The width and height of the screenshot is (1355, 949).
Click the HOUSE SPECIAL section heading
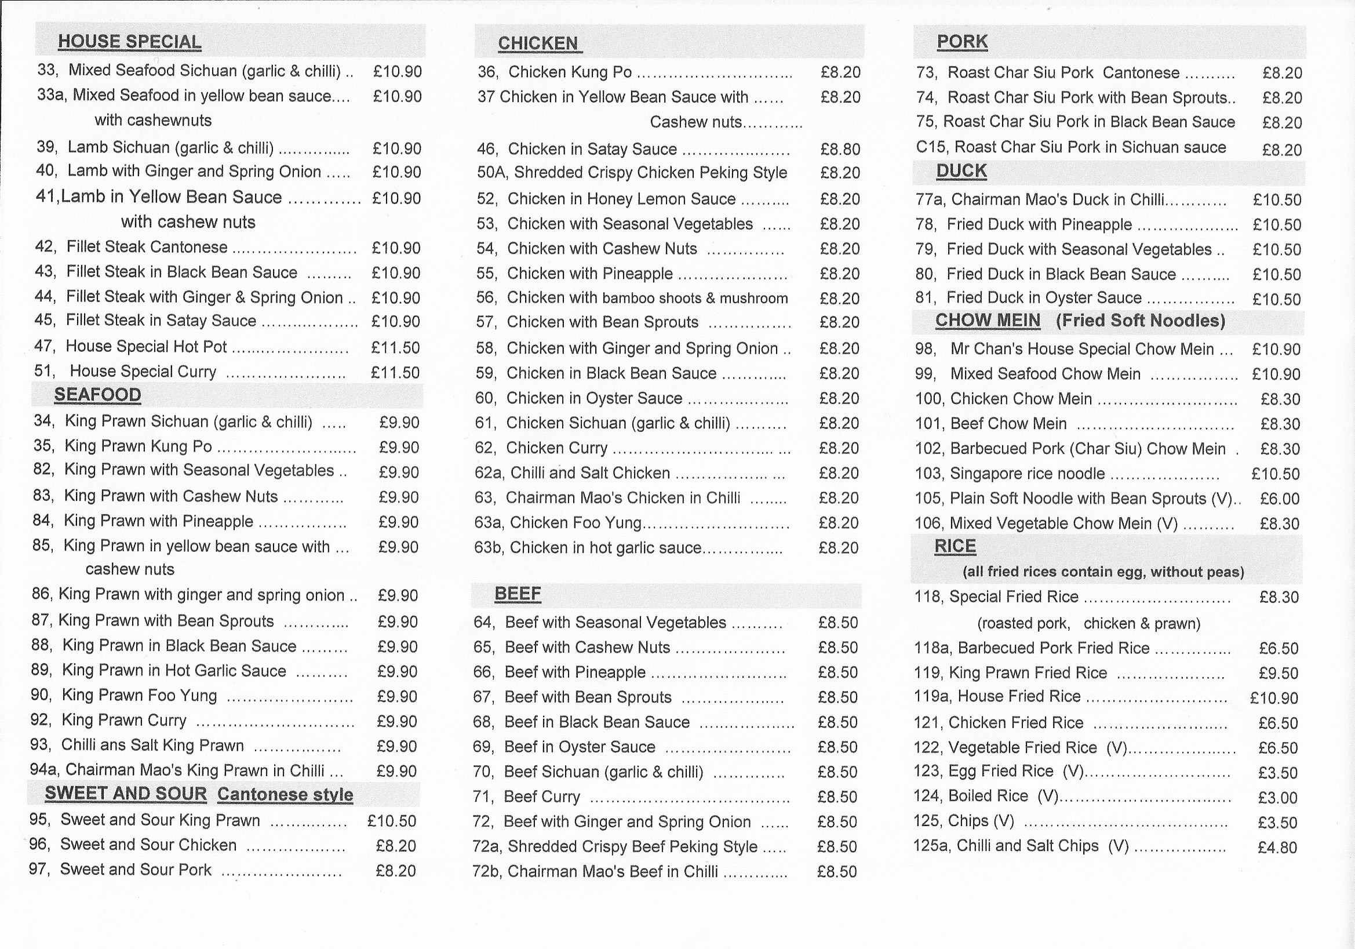tap(129, 42)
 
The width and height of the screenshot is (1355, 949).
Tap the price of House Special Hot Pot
tap(395, 348)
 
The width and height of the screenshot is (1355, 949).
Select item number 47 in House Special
tap(45, 347)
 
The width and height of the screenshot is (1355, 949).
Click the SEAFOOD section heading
tap(97, 395)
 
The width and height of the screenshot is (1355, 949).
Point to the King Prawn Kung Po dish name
tap(138, 446)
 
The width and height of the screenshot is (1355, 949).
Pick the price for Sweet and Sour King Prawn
tap(391, 821)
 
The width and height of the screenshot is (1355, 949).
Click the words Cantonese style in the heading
tap(285, 794)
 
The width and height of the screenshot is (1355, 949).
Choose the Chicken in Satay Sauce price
tap(840, 149)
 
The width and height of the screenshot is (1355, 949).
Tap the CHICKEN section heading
tap(538, 43)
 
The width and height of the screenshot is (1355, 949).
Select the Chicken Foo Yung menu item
tap(575, 523)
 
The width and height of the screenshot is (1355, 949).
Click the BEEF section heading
tap(518, 594)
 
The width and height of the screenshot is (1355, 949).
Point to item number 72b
tap(487, 872)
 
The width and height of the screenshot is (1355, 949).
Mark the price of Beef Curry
tap(837, 797)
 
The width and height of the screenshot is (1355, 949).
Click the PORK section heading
tap(962, 41)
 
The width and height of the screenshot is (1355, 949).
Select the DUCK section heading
tap(961, 171)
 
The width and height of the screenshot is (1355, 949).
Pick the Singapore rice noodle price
tap(1276, 474)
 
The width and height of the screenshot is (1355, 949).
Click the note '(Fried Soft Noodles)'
tap(1140, 321)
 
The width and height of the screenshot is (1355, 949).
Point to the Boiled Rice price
tap(1277, 798)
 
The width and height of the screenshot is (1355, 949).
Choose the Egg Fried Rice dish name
tap(1001, 772)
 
